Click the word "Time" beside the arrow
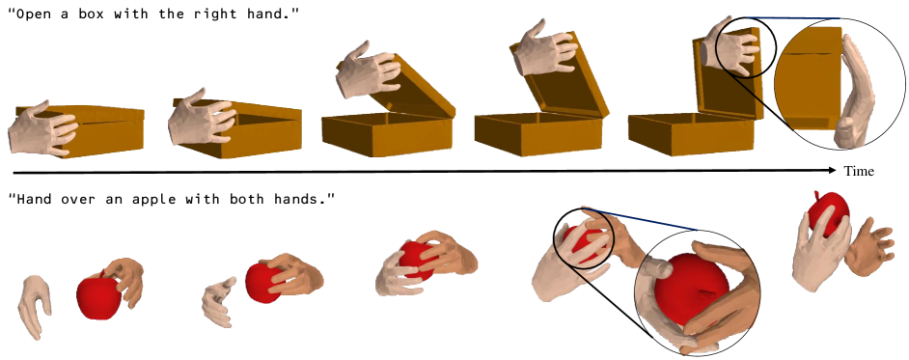point(859,171)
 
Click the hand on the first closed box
point(42,128)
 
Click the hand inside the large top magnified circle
point(859,92)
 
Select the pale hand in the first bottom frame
point(35,306)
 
